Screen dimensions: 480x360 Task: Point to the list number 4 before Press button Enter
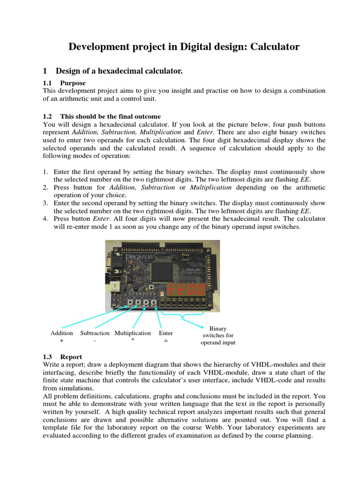coord(45,218)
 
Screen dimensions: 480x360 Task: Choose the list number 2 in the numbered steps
coord(45,187)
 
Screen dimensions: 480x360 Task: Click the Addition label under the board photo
coord(61,333)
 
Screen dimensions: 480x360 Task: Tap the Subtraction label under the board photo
coord(95,333)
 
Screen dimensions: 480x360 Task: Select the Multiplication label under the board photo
coord(133,333)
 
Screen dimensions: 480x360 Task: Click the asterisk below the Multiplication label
coord(133,342)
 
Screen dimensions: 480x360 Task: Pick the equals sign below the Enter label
coord(165,342)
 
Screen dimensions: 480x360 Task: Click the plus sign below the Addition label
coord(61,342)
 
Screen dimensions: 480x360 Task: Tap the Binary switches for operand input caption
coord(217,336)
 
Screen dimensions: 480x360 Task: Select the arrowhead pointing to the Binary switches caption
coord(202,327)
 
